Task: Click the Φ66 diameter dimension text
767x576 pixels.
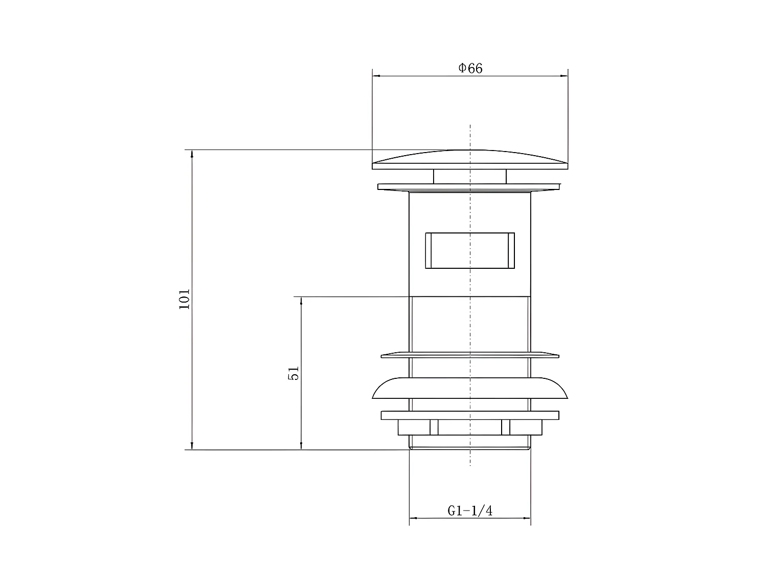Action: [x=470, y=68]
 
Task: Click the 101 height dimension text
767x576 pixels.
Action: [x=184, y=299]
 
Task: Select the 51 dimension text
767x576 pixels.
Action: [x=294, y=373]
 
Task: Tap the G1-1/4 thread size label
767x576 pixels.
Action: [x=470, y=510]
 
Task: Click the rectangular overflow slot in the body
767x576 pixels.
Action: [x=470, y=250]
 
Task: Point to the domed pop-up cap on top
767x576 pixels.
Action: [x=470, y=159]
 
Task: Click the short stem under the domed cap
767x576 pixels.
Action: [x=470, y=176]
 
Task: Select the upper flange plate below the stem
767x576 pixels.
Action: [x=470, y=187]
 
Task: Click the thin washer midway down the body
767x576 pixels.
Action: [x=470, y=355]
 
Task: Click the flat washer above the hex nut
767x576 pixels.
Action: [x=470, y=415]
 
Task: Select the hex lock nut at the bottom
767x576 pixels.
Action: [x=470, y=428]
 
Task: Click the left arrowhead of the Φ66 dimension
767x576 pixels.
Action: [x=375, y=76]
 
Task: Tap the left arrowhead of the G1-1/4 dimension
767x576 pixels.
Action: [x=413, y=518]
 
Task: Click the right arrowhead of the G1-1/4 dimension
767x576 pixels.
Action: [x=528, y=518]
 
